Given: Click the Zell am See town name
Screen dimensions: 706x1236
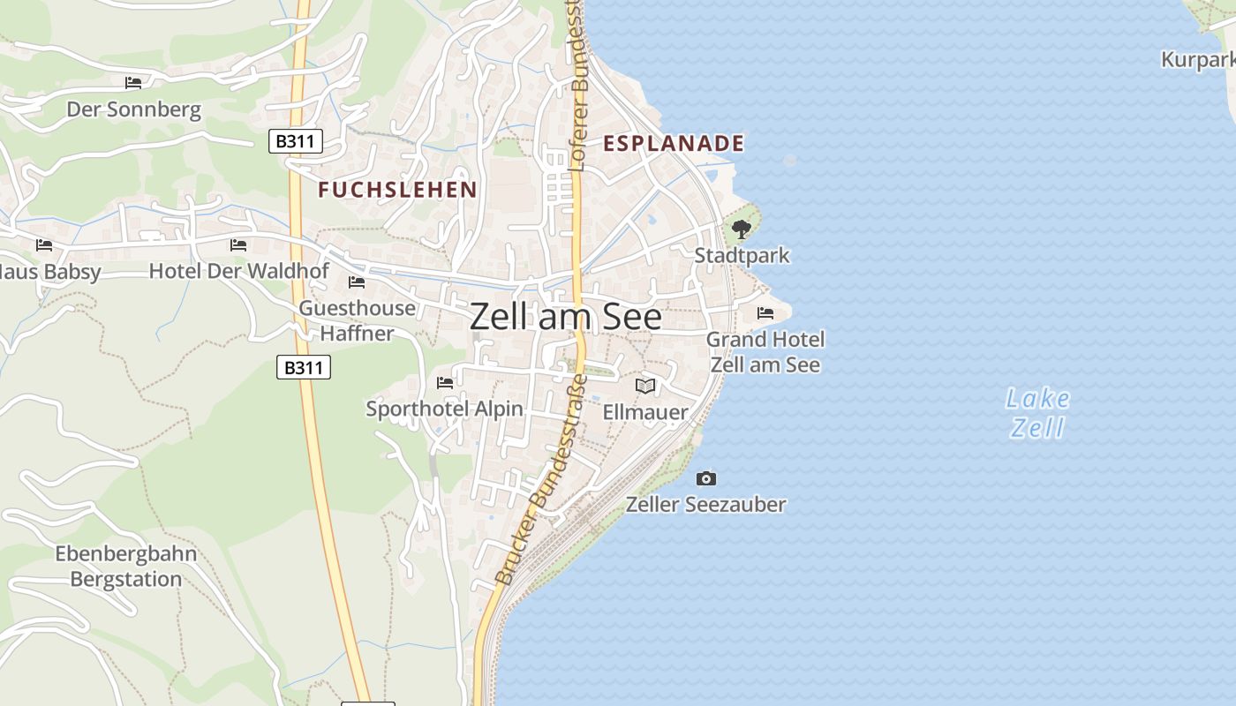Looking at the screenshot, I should [x=565, y=316].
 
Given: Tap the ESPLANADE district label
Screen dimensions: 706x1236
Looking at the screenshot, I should [x=673, y=143].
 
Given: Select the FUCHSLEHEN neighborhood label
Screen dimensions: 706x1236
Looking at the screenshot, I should [x=397, y=189].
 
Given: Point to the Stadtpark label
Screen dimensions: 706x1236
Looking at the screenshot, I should [x=742, y=256].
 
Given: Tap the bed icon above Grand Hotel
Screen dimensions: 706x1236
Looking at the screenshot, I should [x=765, y=313].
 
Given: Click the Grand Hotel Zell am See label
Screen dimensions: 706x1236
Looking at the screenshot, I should [x=765, y=352].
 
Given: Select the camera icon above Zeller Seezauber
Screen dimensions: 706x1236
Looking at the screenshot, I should [x=706, y=478].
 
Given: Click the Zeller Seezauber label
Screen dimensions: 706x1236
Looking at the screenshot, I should [x=705, y=504].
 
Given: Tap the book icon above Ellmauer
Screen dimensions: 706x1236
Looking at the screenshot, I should [x=645, y=387].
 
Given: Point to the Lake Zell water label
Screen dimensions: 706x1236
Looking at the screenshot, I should [x=1037, y=413].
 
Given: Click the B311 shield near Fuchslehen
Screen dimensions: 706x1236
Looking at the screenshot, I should [x=296, y=140].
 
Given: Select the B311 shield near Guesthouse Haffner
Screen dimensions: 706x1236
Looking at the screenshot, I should [x=304, y=366].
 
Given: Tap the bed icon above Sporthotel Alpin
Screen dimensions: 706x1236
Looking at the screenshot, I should [x=445, y=383].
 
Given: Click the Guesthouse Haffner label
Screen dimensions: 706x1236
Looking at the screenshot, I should [x=357, y=320].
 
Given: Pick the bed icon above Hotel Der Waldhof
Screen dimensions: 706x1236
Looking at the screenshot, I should [x=238, y=245].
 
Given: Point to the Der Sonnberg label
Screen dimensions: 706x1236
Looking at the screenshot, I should [x=134, y=110].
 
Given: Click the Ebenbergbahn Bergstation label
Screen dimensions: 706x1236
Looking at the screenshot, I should [x=126, y=567].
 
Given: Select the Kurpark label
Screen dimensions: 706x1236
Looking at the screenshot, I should [x=1197, y=60].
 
